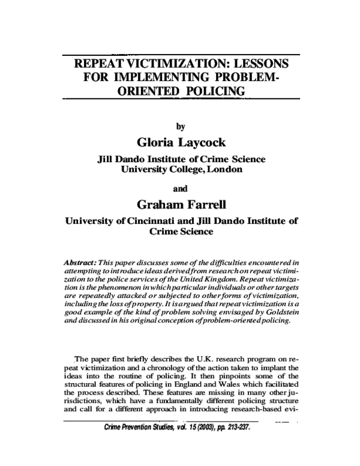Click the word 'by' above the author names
coord(179,126)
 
